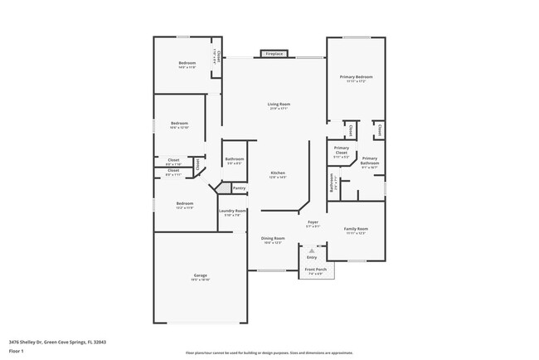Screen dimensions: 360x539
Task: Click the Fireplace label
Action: pyautogui.click(x=274, y=54)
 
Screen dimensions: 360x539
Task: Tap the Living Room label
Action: pyautogui.click(x=279, y=104)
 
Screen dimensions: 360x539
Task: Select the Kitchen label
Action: pyautogui.click(x=278, y=173)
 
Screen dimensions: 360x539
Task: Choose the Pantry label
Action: pyautogui.click(x=239, y=188)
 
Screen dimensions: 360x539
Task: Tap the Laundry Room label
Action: pyautogui.click(x=233, y=211)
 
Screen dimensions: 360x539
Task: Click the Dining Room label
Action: pyautogui.click(x=274, y=238)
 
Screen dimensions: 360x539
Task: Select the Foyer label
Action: pyautogui.click(x=313, y=222)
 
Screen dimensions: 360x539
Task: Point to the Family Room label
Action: pyautogui.click(x=357, y=229)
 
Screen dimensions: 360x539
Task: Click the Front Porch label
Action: pyautogui.click(x=314, y=270)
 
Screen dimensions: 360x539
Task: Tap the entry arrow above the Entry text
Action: pyautogui.click(x=312, y=249)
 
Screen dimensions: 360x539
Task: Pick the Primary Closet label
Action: pyautogui.click(x=342, y=152)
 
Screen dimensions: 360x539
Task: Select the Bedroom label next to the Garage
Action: pyautogui.click(x=184, y=203)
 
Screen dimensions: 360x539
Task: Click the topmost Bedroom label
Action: pyautogui.click(x=187, y=64)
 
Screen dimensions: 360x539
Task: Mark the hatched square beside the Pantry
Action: pyautogui.click(x=222, y=189)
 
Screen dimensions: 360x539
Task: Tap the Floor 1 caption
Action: pyautogui.click(x=17, y=349)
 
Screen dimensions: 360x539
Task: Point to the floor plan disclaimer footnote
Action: pyautogui.click(x=269, y=353)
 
